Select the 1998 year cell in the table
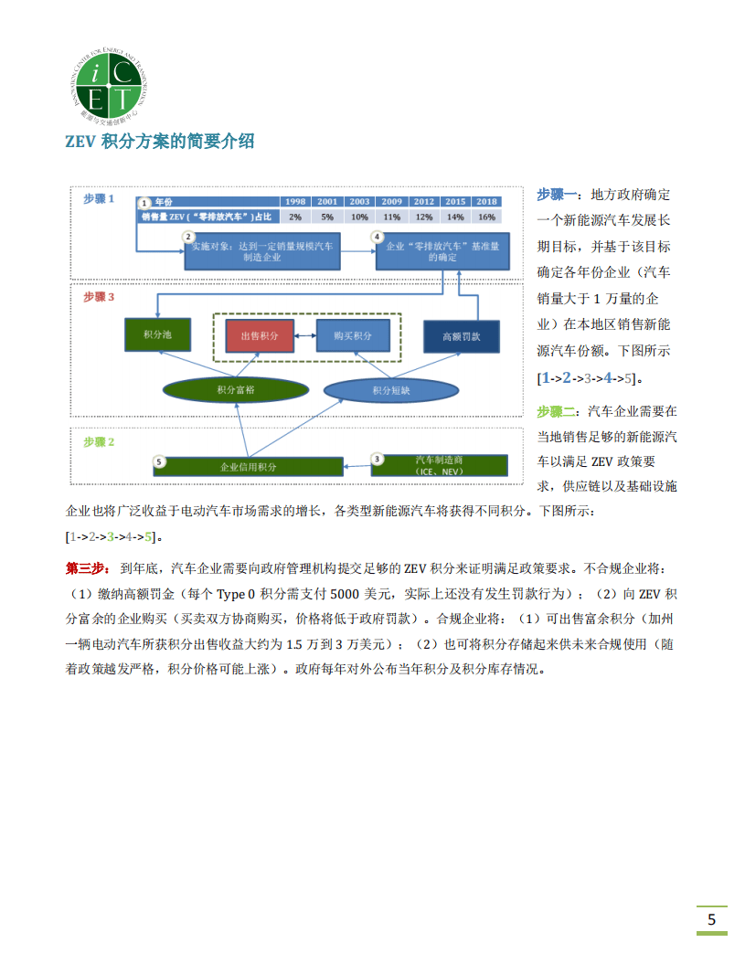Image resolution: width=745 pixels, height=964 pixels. [x=295, y=201]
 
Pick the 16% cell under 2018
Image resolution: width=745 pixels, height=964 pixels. [x=486, y=217]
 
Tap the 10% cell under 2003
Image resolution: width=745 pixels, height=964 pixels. [x=359, y=217]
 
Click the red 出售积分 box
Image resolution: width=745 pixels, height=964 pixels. [x=260, y=336]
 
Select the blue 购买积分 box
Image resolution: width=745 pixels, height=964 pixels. [x=352, y=336]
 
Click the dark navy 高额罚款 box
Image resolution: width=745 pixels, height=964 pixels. [x=461, y=336]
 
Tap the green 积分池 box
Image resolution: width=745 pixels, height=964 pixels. [x=158, y=335]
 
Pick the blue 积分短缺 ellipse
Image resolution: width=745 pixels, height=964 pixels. [x=390, y=390]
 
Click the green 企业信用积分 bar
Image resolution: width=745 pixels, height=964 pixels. [x=248, y=465]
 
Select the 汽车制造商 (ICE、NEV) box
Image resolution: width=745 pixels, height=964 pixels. [x=439, y=464]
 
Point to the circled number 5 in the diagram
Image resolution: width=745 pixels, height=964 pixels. [x=159, y=462]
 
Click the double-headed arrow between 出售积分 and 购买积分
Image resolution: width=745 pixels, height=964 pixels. [x=305, y=336]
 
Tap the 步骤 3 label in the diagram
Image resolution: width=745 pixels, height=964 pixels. [x=99, y=297]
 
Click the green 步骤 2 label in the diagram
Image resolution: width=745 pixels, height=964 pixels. [x=99, y=441]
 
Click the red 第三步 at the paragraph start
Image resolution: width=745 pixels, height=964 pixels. [x=88, y=567]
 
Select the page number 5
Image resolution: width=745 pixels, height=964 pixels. [x=711, y=918]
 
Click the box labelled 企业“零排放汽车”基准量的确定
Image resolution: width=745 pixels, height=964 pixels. [x=442, y=251]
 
